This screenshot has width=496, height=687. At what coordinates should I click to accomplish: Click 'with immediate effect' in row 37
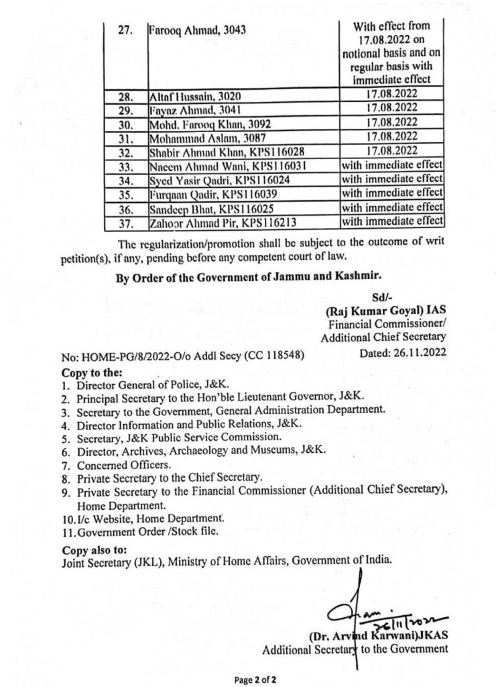click(x=392, y=221)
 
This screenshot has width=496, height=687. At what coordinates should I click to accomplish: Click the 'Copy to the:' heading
click(x=92, y=372)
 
